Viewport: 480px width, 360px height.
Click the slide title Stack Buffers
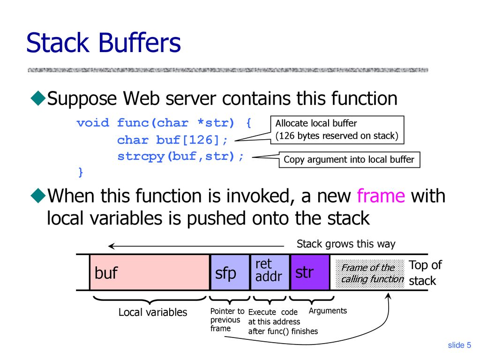104,43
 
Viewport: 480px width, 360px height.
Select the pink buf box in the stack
150,272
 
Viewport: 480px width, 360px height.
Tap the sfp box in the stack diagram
230,272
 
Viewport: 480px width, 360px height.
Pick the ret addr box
270,272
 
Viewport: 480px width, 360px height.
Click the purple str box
310,272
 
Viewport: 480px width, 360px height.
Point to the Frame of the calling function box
370,274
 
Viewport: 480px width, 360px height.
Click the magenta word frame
381,195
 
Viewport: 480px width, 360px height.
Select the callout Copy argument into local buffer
349,159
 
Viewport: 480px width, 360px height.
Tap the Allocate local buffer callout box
337,130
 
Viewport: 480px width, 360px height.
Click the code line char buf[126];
172,140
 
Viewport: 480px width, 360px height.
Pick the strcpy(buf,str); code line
180,157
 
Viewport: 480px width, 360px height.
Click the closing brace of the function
81,172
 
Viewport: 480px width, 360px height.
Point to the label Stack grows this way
346,244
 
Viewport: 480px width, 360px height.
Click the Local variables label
153,312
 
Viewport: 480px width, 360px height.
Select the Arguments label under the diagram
328,311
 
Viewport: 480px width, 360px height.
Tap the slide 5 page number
459,345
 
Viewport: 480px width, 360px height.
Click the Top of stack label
426,273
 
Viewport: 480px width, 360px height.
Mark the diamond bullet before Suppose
38,98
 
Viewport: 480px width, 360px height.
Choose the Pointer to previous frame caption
227,320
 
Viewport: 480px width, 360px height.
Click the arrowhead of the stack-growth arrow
111,246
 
